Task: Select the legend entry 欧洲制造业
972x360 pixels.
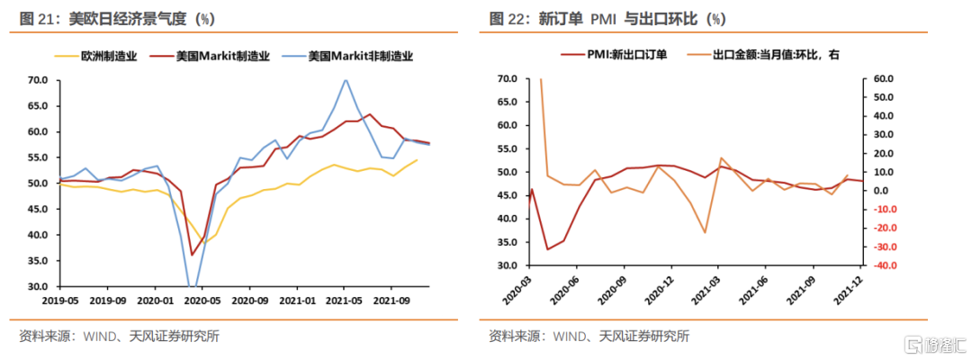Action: (108, 56)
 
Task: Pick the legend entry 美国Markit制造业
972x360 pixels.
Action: (220, 56)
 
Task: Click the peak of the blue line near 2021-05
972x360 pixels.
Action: (345, 79)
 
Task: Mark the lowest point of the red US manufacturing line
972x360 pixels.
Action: (191, 255)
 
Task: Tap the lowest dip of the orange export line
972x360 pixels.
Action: (705, 232)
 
